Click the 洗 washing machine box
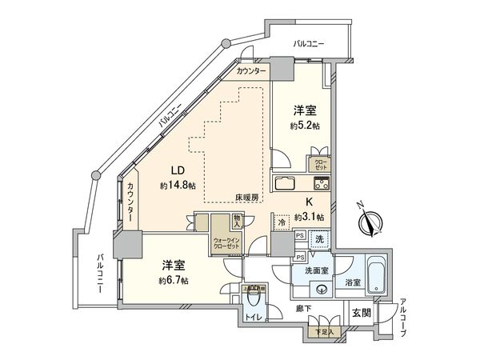click(318, 238)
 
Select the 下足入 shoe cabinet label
click(322, 330)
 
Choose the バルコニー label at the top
click(308, 42)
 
